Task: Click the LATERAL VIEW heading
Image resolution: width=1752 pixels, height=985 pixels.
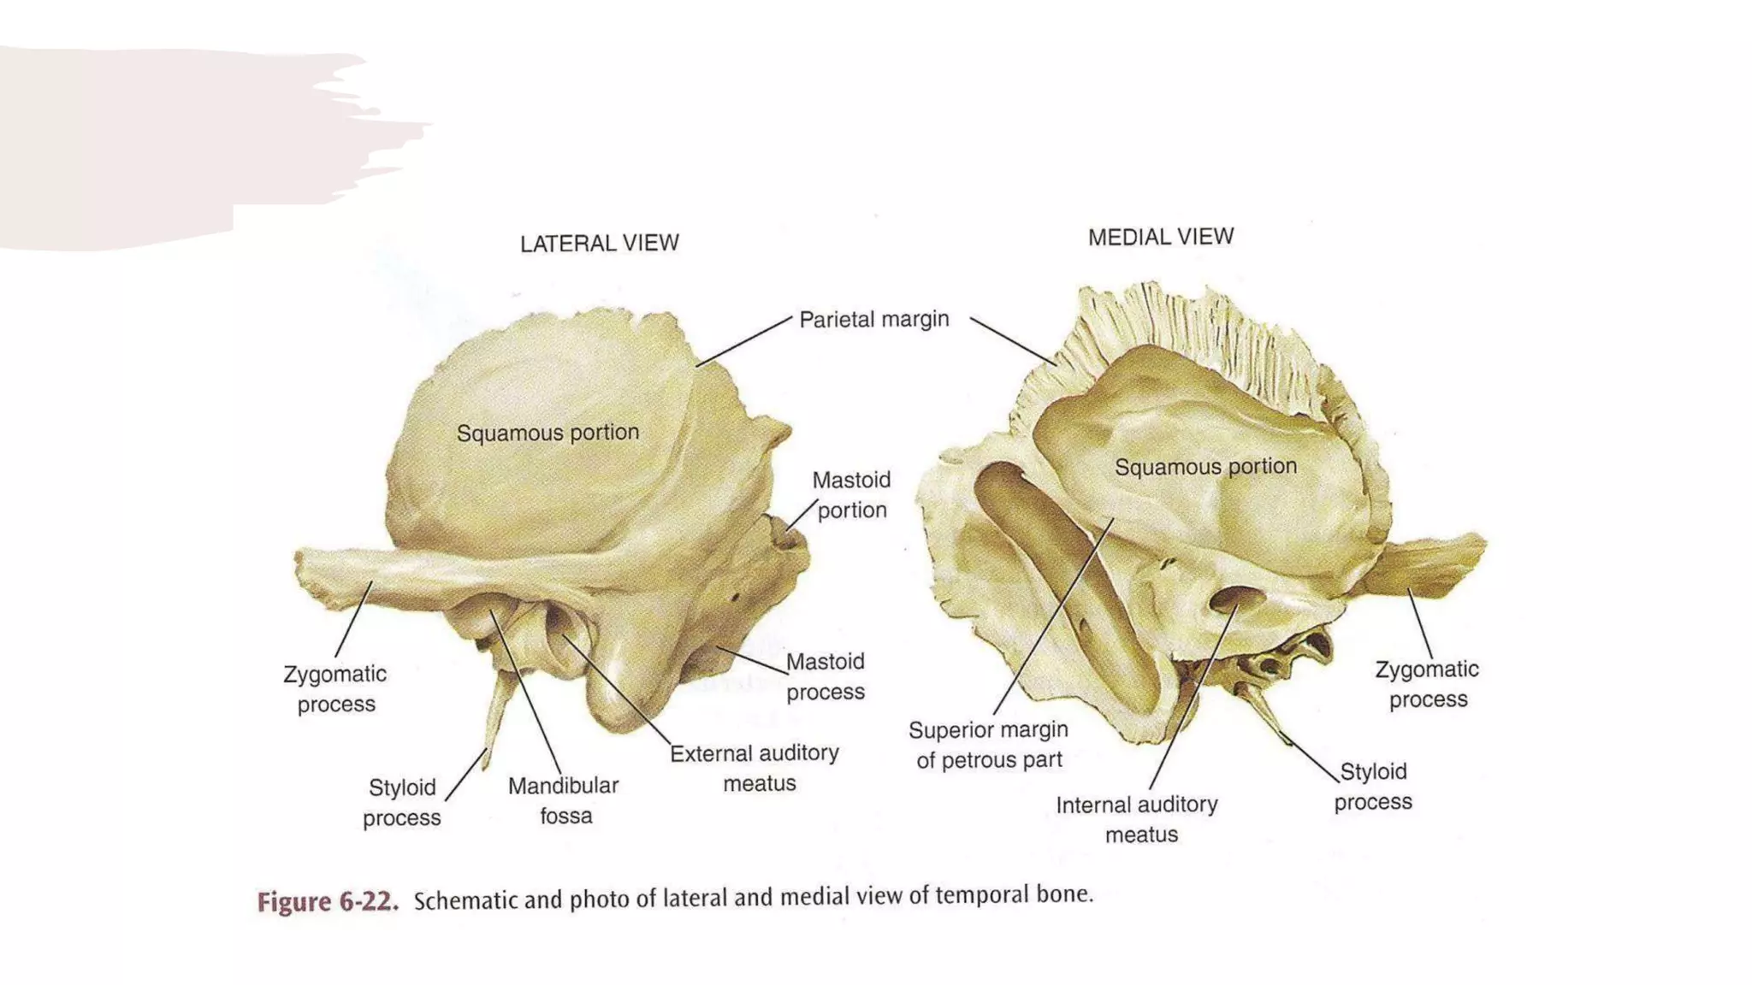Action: [x=599, y=244]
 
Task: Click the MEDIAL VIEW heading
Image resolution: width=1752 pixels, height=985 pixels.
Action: [x=1161, y=237]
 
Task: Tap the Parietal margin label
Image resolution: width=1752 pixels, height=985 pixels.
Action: [x=873, y=320]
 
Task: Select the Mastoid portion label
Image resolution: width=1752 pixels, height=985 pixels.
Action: [x=851, y=495]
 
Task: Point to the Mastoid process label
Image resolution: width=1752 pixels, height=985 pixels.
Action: [x=826, y=676]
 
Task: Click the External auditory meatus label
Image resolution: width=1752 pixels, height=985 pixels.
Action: [x=755, y=768]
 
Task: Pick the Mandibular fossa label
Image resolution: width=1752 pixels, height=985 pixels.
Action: [x=564, y=800]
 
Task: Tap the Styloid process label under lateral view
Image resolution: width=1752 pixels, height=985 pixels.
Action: [x=402, y=802]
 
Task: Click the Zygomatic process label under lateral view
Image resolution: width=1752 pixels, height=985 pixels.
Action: [x=335, y=689]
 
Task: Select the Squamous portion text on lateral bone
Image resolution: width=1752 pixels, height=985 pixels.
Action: [x=547, y=433]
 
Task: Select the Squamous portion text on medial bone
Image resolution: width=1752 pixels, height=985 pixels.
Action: [x=1205, y=467]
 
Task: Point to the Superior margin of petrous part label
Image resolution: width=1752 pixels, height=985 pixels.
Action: [x=989, y=745]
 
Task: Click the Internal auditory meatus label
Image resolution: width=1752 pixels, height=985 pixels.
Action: [x=1138, y=819]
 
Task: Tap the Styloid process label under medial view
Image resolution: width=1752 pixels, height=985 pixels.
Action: [x=1373, y=787]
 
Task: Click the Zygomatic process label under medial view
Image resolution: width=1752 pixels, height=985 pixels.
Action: [x=1428, y=684]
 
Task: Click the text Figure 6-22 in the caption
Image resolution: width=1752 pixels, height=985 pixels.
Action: [x=328, y=903]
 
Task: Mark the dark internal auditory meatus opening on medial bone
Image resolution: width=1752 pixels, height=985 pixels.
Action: [x=1232, y=599]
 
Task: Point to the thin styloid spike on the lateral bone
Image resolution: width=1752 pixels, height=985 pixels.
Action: [x=496, y=714]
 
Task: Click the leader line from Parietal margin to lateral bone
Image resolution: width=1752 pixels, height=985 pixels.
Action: [x=744, y=341]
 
